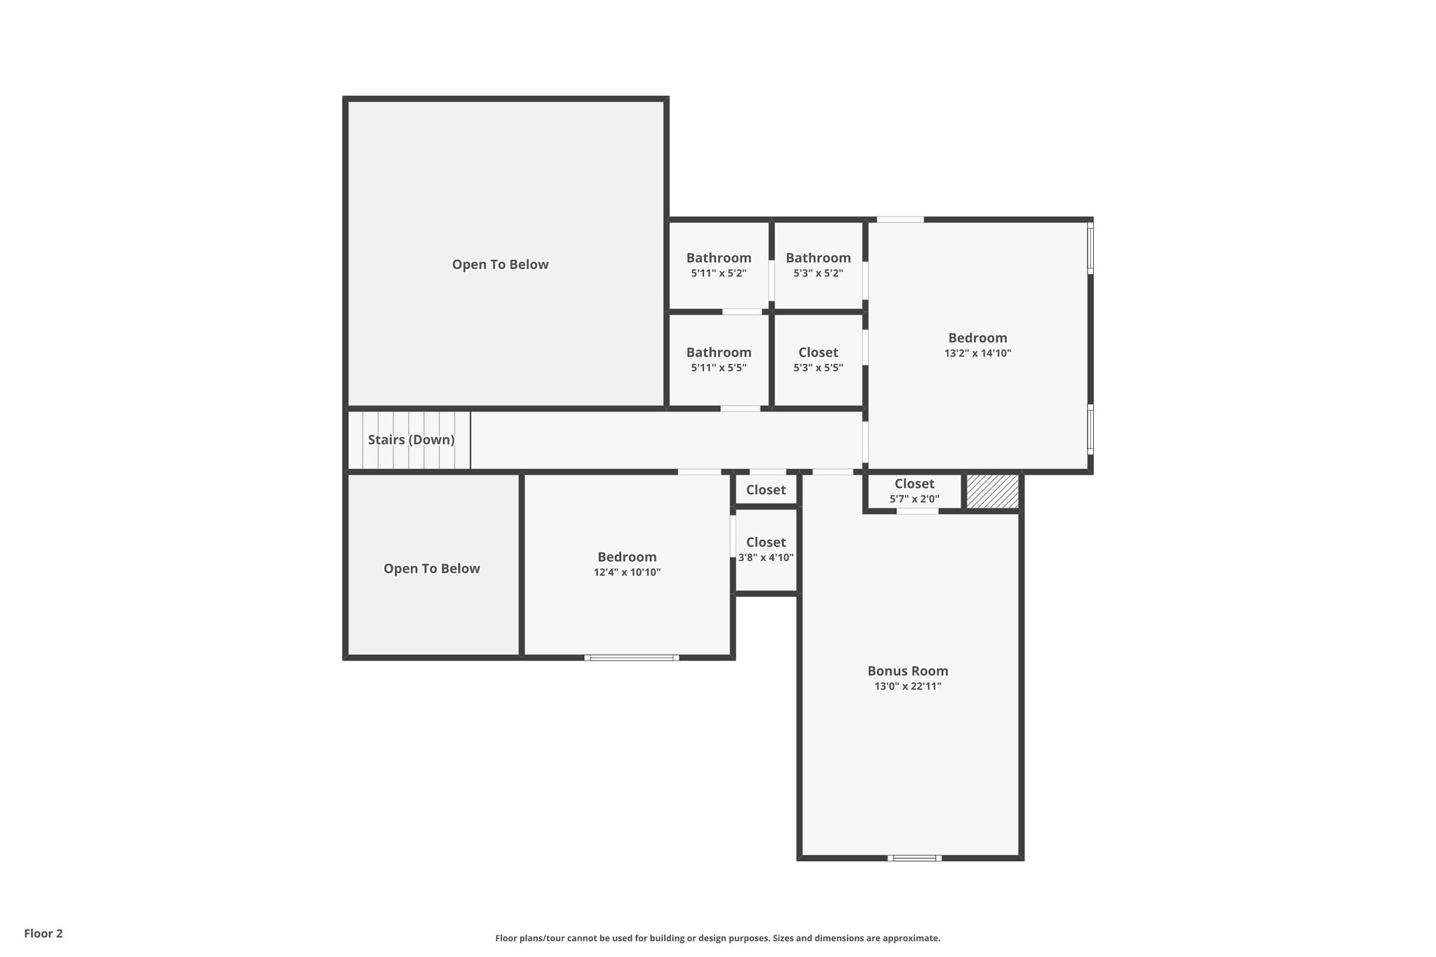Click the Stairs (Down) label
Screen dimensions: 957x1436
(411, 440)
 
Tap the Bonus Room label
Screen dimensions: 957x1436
(907, 671)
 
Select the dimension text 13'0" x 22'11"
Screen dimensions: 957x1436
(907, 686)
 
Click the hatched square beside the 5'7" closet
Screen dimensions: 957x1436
(992, 491)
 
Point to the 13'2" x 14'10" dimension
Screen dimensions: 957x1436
(977, 353)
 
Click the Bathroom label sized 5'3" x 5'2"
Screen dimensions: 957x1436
(818, 258)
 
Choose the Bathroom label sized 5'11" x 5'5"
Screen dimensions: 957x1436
(718, 353)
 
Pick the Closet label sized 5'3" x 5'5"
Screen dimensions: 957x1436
(818, 353)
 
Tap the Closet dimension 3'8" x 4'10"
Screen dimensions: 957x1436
(766, 558)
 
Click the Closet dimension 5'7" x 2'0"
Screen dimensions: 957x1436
(914, 499)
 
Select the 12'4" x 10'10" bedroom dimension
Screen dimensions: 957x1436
(627, 573)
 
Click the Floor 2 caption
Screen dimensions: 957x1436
(43, 933)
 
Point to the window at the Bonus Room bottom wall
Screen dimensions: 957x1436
(914, 857)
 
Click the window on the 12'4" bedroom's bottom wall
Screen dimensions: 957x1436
(631, 658)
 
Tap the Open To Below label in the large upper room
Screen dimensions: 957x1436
(500, 264)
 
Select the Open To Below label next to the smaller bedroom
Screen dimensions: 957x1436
(431, 569)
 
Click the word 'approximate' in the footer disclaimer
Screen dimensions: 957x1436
(911, 938)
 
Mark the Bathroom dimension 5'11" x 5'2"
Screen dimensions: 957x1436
(718, 273)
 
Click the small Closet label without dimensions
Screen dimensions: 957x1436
(766, 490)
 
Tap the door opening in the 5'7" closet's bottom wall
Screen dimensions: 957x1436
(917, 511)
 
